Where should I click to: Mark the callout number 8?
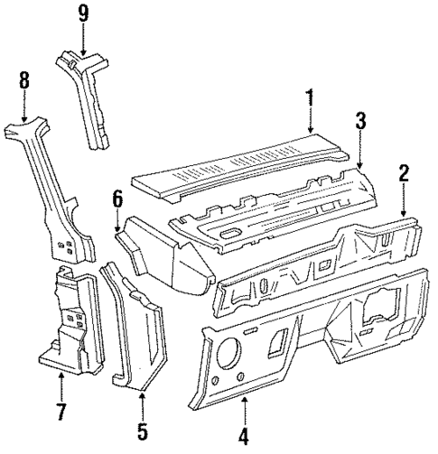[x=23, y=83]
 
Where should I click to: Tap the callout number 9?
[x=83, y=14]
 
